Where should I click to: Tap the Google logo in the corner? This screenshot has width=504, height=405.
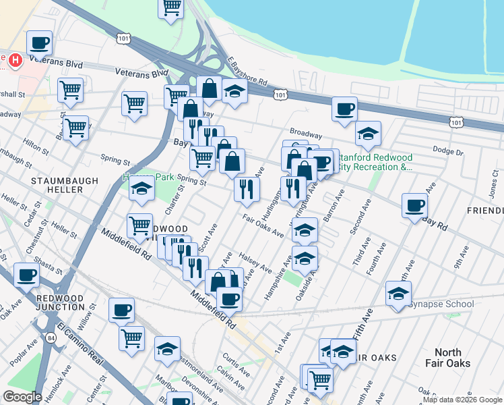point(23,397)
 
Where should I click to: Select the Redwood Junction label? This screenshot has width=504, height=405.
point(60,302)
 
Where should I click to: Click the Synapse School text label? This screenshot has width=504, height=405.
point(441,304)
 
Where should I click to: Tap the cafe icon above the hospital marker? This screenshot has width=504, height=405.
point(39,43)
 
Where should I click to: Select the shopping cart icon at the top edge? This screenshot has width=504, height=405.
point(171,7)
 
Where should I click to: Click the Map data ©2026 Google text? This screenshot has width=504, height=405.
point(462,400)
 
